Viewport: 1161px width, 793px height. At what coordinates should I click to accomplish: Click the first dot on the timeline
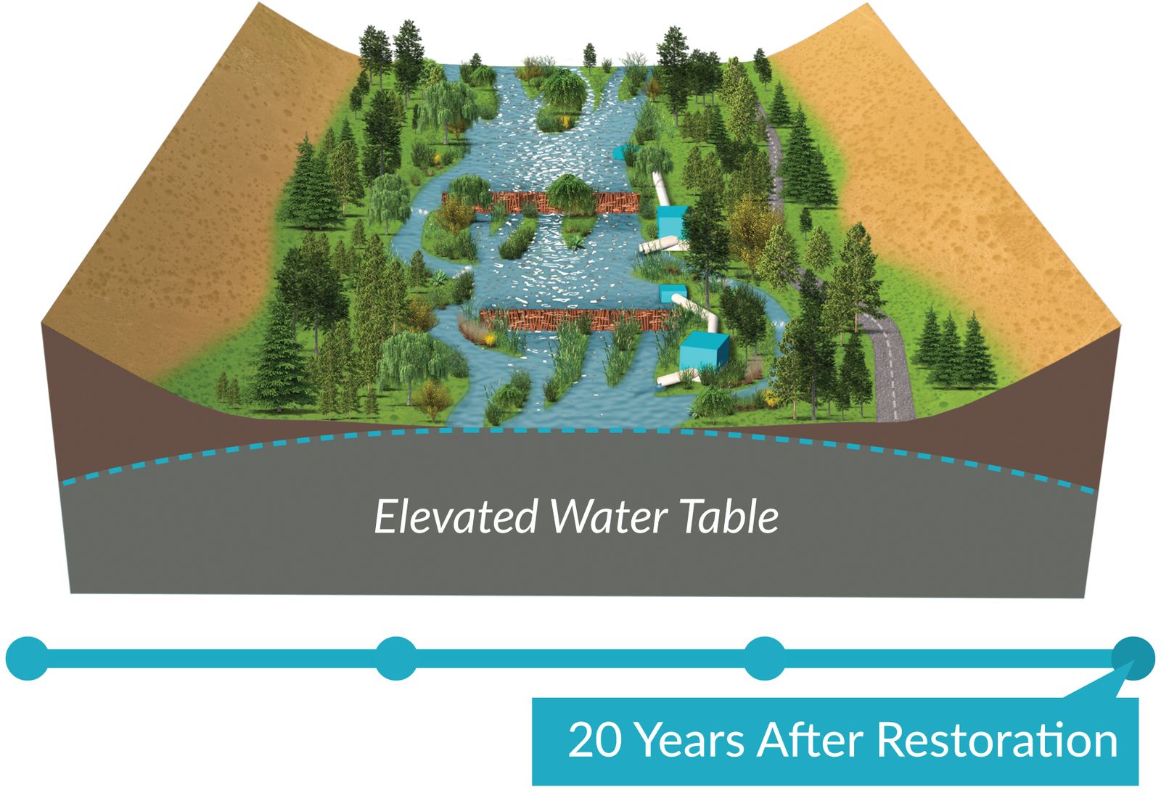click(27, 658)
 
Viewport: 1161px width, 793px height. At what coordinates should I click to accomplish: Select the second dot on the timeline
click(395, 658)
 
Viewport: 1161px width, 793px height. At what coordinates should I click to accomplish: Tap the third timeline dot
click(765, 658)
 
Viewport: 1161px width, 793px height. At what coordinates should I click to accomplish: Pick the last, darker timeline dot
click(1133, 658)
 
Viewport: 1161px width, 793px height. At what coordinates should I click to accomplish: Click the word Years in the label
click(689, 741)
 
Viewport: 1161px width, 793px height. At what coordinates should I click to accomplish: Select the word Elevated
click(455, 517)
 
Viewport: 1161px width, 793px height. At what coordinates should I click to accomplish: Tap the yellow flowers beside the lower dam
click(491, 338)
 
